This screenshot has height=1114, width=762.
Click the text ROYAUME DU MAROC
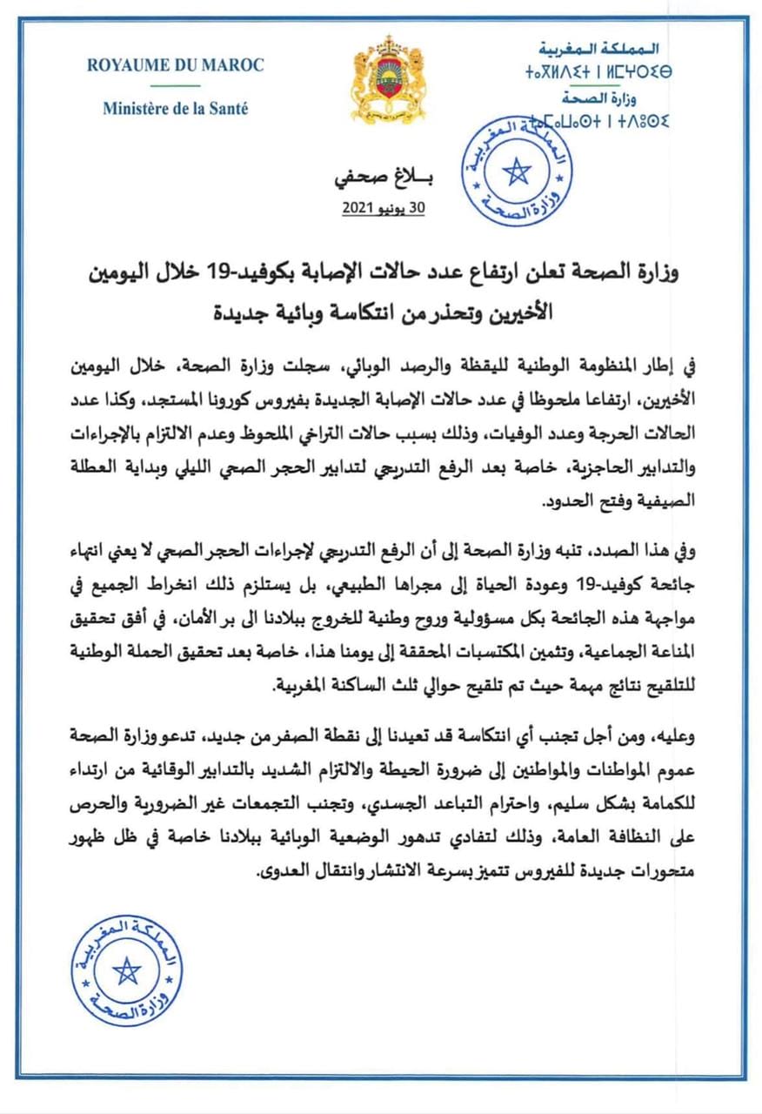pyautogui.click(x=175, y=65)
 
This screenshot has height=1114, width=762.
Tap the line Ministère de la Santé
pyautogui.click(x=175, y=110)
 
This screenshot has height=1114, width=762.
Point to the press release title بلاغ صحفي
pyautogui.click(x=383, y=182)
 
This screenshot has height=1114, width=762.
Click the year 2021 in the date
pyautogui.click(x=358, y=210)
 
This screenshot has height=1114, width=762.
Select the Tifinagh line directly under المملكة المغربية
pyautogui.click(x=599, y=68)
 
